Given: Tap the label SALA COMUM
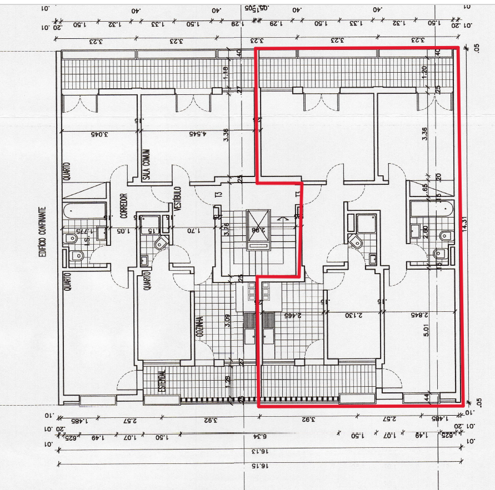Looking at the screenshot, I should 147,164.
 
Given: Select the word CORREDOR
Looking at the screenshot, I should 123,206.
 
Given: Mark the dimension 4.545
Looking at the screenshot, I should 197,134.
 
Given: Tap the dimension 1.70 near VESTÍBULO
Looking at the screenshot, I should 190,230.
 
